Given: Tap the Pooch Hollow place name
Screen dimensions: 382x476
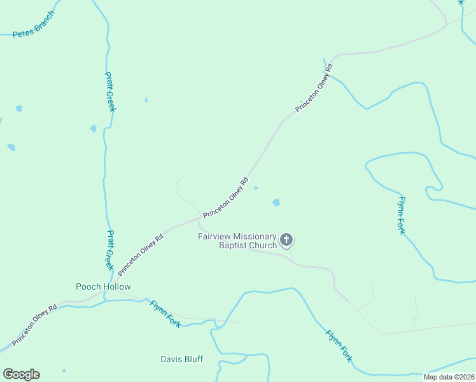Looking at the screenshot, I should tap(103, 286).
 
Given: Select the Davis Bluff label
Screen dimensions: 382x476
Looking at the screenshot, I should tap(181, 359).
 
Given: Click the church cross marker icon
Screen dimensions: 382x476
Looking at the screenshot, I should tap(286, 240).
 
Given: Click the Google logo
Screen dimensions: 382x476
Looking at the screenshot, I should tap(21, 374).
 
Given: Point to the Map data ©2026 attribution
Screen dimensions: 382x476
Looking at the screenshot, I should tap(449, 377).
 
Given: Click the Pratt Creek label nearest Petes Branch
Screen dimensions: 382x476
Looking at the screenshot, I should tap(111, 91).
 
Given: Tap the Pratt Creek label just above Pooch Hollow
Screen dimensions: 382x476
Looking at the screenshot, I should tap(109, 250).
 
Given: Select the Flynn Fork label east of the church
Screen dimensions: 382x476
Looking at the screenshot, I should tap(401, 215).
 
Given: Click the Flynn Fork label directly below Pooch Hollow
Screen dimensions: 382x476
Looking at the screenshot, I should tap(165, 313).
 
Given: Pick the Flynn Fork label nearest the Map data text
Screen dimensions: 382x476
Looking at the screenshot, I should tap(339, 346).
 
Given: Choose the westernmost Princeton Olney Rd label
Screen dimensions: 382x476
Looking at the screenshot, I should tap(34, 323).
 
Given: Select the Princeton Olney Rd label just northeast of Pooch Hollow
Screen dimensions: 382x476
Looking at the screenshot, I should tap(141, 254).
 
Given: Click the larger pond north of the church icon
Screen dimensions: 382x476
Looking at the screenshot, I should tap(276, 202).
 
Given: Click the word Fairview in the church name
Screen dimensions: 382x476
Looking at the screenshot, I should tap(214, 236).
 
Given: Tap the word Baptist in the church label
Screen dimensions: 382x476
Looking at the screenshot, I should tap(234, 245).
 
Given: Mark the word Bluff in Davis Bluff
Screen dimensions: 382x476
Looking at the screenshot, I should tap(192, 359).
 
